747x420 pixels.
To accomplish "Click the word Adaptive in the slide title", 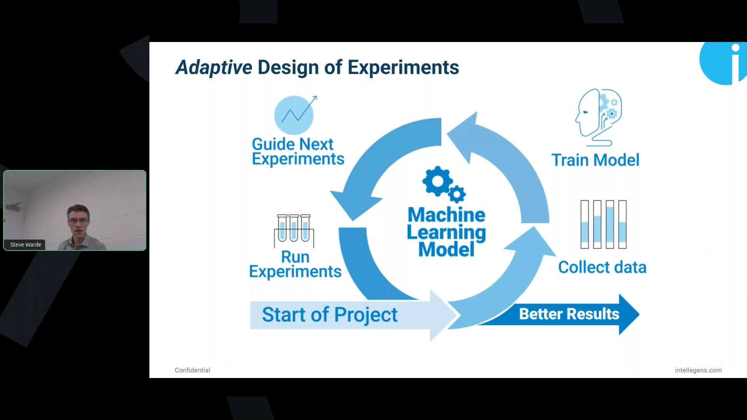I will click(214, 67).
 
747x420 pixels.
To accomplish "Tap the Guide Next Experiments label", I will click(298, 152).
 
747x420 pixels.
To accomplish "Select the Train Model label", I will click(595, 160).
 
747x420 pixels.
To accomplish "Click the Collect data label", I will click(602, 267).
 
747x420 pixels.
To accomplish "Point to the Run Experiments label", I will click(295, 264).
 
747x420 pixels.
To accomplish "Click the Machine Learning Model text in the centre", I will click(446, 232).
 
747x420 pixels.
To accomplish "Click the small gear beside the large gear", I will click(457, 194).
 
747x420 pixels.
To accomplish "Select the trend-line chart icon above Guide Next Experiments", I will click(295, 115).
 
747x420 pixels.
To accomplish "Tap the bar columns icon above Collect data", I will click(603, 224).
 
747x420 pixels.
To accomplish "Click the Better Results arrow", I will click(569, 314).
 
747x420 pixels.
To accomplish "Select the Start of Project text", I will click(330, 315).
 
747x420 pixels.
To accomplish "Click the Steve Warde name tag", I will click(26, 245).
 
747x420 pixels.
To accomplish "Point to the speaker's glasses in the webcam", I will click(78, 220).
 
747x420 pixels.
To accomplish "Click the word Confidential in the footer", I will click(192, 370).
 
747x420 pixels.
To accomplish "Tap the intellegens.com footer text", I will click(698, 370).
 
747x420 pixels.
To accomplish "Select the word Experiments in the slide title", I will click(403, 67).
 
